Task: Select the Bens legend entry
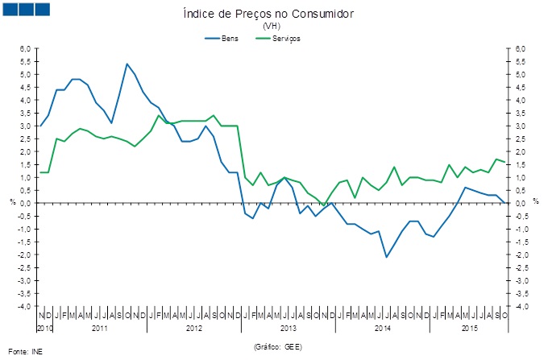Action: pyautogui.click(x=230, y=39)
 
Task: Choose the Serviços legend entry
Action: pyautogui.click(x=285, y=39)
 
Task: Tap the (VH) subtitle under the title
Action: pyautogui.click(x=272, y=27)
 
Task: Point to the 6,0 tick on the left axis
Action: pyautogui.click(x=25, y=49)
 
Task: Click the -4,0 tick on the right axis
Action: pyautogui.click(x=521, y=307)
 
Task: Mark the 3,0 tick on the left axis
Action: pyautogui.click(x=25, y=126)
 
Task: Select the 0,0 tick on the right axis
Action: pyautogui.click(x=521, y=204)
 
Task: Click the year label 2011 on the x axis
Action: pyautogui.click(x=100, y=329)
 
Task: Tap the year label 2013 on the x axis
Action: pyautogui.click(x=289, y=329)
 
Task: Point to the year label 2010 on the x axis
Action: pyautogui.click(x=45, y=329)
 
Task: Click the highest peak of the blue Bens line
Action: pyautogui.click(x=127, y=64)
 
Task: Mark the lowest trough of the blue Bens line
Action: pyautogui.click(x=387, y=257)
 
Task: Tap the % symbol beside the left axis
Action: pyautogui.click(x=12, y=201)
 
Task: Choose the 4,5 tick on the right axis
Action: pyautogui.click(x=521, y=88)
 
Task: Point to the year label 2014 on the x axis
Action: pyautogui.click(x=382, y=329)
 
